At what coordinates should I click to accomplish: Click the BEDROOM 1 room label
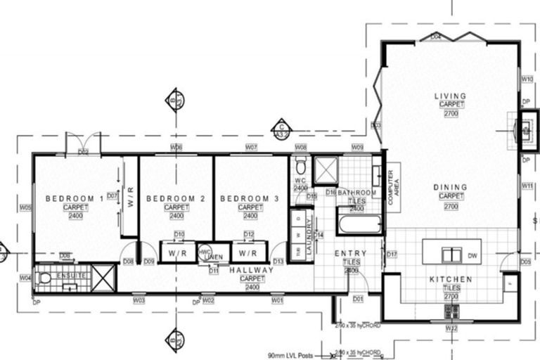75,200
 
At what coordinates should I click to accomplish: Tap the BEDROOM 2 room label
175,200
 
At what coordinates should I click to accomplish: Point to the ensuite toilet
45,278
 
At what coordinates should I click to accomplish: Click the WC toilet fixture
301,167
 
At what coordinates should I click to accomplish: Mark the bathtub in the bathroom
359,226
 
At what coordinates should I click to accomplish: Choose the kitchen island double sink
447,255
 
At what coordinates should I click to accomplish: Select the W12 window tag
451,328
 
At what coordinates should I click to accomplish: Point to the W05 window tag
25,207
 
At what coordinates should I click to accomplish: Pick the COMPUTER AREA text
392,187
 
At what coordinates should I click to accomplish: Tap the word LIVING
450,96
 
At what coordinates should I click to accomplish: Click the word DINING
450,188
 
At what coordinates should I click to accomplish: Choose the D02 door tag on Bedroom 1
83,151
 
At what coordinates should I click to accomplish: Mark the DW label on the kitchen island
473,256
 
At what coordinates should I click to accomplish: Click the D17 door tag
392,254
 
